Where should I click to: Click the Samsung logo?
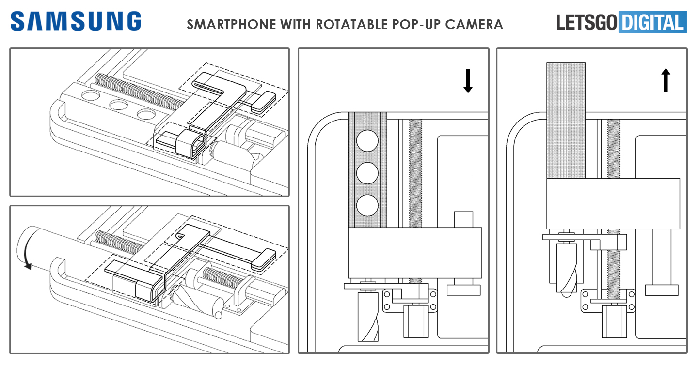point(76,22)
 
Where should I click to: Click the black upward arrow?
point(666,80)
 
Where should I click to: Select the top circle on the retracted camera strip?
point(367,140)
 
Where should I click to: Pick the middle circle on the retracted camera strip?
point(367,173)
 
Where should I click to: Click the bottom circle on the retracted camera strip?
point(367,205)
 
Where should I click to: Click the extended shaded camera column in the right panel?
point(566,121)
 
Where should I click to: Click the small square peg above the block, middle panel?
point(463,219)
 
